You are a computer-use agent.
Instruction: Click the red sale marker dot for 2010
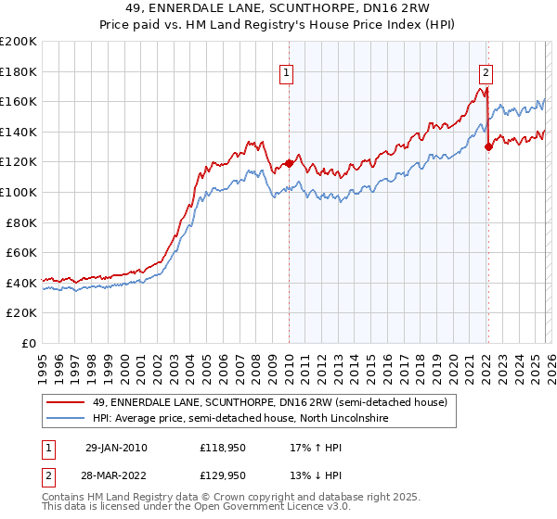pos(289,163)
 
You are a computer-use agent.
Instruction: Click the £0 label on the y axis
pos(28,343)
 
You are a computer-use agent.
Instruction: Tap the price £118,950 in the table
pos(223,447)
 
